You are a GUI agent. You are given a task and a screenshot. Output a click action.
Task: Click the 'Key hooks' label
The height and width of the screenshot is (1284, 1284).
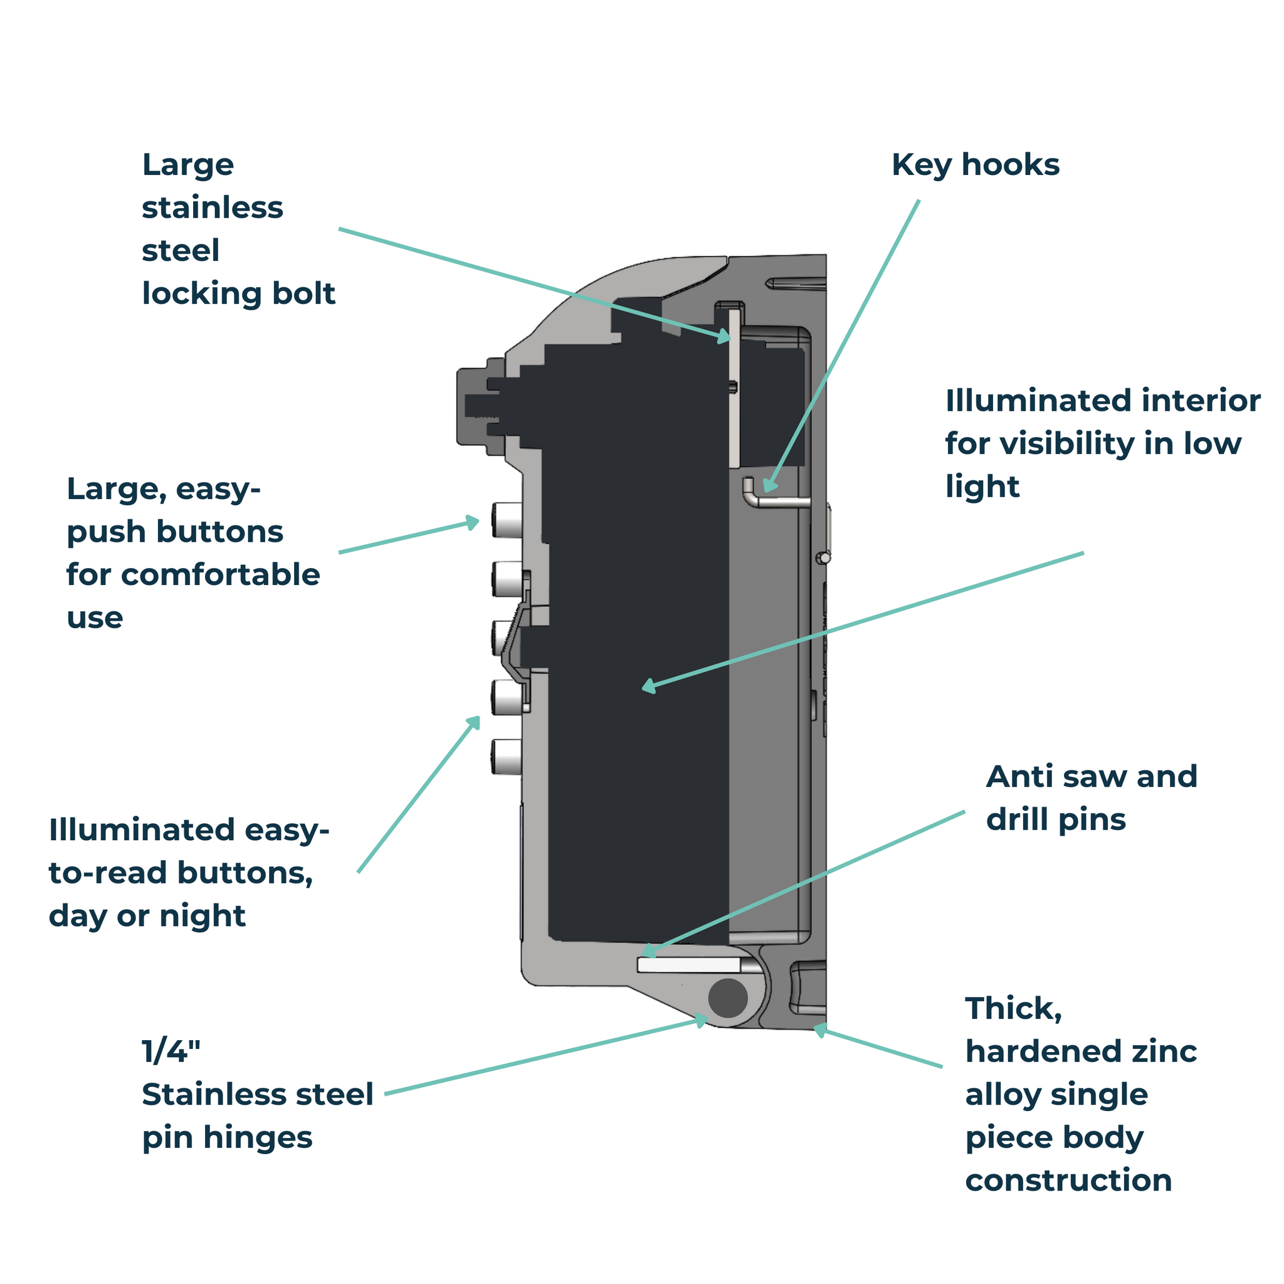point(975,165)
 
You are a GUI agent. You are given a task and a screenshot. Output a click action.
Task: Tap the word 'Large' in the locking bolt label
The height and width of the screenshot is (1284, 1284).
point(188,165)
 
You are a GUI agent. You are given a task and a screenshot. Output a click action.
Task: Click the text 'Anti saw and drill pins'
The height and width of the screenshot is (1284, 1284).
point(1091,797)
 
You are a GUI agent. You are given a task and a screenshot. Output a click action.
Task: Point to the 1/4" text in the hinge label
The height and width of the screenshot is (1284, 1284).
point(171,1052)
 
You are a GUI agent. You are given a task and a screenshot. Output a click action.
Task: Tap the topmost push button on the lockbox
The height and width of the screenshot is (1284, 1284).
point(507,520)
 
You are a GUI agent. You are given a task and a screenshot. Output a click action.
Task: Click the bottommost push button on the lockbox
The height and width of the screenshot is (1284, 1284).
point(507,757)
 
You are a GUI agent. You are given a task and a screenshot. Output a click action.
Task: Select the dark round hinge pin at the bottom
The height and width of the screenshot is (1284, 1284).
point(728,997)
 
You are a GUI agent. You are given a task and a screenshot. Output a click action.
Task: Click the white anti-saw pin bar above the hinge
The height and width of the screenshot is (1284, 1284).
point(689,965)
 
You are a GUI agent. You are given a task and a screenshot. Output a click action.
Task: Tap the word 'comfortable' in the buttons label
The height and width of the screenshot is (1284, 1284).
point(220,575)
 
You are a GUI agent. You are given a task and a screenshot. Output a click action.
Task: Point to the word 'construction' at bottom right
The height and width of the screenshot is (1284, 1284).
point(1068,1181)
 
